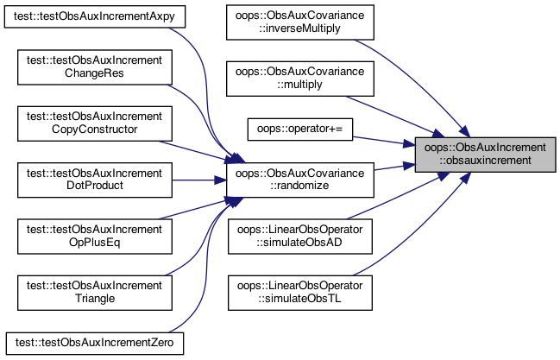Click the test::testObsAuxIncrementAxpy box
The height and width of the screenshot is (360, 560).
point(95,16)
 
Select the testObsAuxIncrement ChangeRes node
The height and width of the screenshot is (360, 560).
point(95,67)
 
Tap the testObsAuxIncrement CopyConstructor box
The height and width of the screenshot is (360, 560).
point(95,123)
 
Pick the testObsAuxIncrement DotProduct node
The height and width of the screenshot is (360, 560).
point(95,180)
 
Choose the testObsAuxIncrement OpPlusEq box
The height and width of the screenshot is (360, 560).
point(95,237)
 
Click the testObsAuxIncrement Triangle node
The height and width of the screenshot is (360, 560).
point(95,293)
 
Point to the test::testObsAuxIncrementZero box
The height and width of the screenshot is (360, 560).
point(95,344)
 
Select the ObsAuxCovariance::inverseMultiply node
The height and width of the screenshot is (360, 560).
point(300,22)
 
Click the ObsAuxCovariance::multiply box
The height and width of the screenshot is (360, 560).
point(300,79)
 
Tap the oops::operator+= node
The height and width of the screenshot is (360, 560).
point(300,129)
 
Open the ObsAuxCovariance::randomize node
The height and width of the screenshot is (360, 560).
point(300,180)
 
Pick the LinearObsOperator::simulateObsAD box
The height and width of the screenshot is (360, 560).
point(300,237)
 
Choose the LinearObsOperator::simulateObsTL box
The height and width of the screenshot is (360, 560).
point(300,293)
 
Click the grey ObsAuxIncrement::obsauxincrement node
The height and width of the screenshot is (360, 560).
point(485,155)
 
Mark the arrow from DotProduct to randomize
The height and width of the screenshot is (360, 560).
point(199,180)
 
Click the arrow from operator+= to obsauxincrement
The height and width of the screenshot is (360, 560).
point(384,142)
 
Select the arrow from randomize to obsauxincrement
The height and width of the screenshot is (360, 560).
point(394,167)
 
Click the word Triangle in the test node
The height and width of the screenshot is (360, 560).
point(95,299)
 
